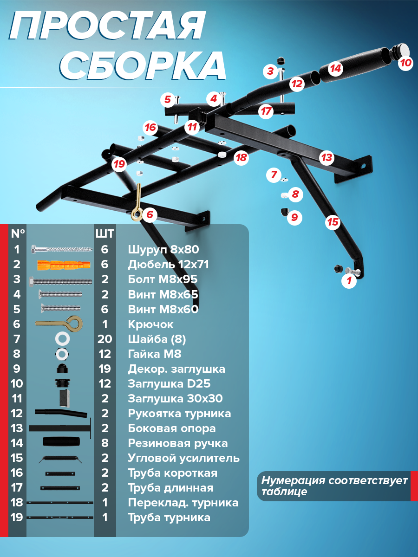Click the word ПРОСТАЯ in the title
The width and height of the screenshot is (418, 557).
point(107,26)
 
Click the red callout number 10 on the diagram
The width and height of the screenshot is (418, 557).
point(405,63)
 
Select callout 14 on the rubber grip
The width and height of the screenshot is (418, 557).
point(335,69)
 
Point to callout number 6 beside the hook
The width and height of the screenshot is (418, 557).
point(150,215)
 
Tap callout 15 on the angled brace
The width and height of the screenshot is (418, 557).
point(333,222)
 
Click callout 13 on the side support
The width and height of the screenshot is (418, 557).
point(327,157)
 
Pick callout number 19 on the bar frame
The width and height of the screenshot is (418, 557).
point(119,164)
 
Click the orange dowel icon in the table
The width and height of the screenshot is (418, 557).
point(64,265)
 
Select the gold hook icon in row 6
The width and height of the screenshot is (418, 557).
point(59,324)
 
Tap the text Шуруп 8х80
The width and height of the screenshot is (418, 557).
point(163,250)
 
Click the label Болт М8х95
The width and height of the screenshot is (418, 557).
point(163,279)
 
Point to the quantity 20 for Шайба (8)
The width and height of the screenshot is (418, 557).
point(105,339)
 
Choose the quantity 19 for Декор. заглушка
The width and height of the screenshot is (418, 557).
point(105,369)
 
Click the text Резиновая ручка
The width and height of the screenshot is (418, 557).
point(178,444)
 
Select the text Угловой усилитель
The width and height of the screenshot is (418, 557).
point(184,458)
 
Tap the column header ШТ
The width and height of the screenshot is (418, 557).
point(105,234)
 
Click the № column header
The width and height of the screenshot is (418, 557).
point(18,233)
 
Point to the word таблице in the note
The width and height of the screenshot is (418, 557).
point(284,492)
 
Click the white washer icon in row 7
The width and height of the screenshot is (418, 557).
point(62,339)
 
